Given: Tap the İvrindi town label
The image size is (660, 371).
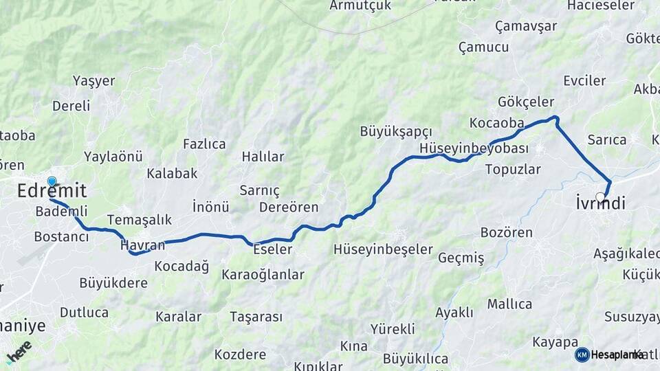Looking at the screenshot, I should pos(600,203).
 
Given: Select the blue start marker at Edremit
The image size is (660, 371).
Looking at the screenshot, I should pos(52,181).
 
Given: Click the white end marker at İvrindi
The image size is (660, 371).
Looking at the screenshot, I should pos(600,197).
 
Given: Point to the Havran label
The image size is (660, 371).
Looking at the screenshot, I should pos(142,245).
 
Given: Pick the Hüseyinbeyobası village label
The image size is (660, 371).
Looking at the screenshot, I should pos(474,148).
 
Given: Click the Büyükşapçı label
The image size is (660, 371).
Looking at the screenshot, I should pos(396,131).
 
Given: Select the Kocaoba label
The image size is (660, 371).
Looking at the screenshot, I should pos(496,123).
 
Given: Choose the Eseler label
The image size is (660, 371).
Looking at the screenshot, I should pos(272,249).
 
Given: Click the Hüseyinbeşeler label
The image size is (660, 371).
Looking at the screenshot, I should pos(383,249).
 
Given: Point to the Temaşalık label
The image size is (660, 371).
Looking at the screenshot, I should pos(139,220).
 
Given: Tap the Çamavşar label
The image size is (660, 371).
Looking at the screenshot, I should pos(526,26).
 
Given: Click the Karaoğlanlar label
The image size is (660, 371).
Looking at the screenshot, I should pos(263,275).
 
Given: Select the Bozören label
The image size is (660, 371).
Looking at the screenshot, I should pos(506,232).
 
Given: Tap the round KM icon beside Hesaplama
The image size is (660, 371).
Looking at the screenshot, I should pos(582,355).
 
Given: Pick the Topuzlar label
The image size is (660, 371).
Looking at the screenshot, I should pos(513,169).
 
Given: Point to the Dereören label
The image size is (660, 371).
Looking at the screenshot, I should pos(289,207).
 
